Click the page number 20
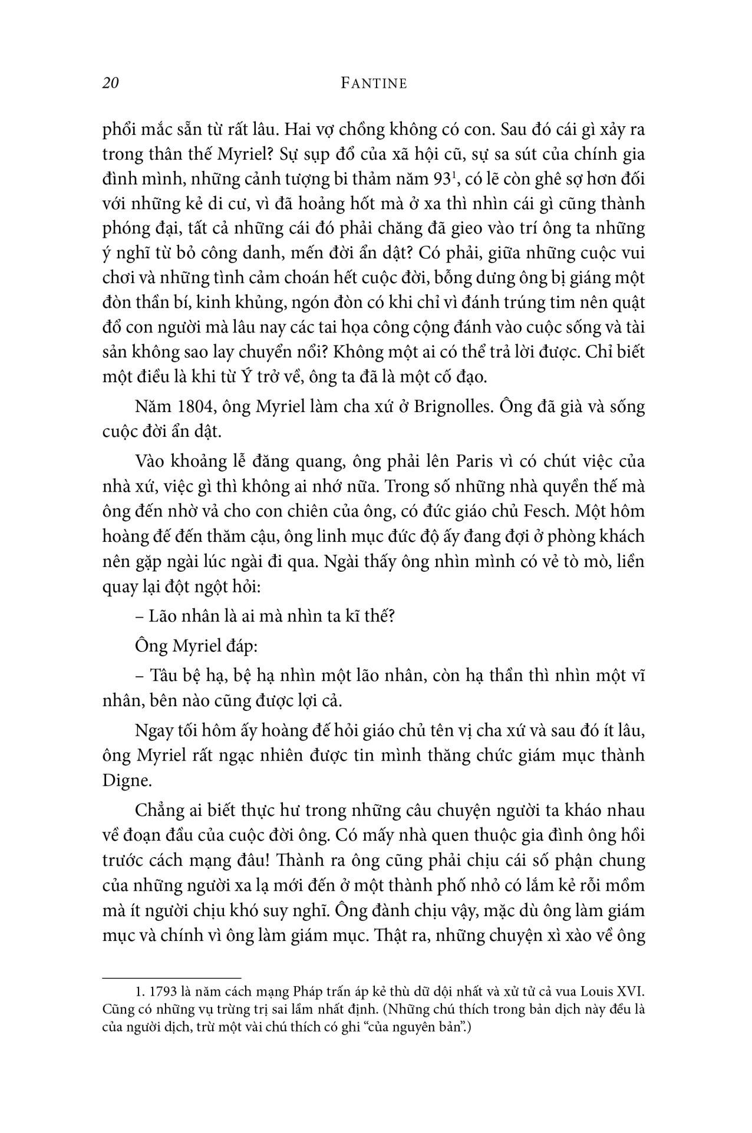tap(111, 83)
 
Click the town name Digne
tap(123, 780)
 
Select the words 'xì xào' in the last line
tap(569, 936)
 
